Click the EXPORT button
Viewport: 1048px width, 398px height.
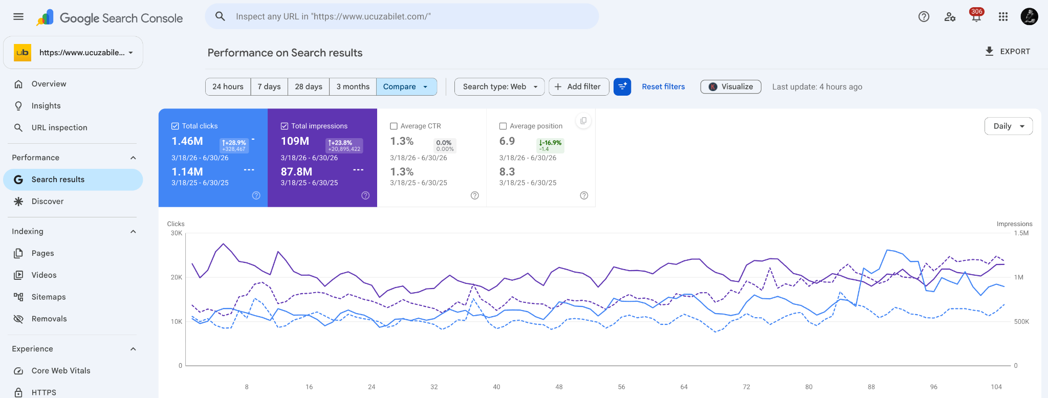point(1007,51)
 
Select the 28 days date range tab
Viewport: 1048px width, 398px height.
point(309,87)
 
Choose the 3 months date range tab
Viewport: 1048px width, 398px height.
point(353,87)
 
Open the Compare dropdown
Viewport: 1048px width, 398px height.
point(406,87)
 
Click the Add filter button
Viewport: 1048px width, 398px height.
point(579,87)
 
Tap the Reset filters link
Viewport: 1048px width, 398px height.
point(663,87)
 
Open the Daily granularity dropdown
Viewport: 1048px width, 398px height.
point(1008,126)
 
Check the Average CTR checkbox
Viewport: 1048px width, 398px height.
point(394,126)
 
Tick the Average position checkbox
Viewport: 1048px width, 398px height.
point(503,126)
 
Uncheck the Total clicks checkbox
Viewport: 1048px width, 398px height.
point(175,126)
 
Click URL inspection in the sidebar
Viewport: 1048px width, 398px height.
point(59,128)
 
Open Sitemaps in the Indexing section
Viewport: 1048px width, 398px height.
point(49,297)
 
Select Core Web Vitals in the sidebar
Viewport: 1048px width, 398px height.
point(61,371)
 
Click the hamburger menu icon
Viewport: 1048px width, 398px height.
point(18,16)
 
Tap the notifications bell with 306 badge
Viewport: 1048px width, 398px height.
point(976,16)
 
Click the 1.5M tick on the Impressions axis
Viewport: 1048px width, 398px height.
point(1021,233)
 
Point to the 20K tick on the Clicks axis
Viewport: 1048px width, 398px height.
point(177,278)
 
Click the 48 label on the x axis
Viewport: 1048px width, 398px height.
point(559,387)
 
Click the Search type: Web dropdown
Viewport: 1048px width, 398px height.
point(499,87)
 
